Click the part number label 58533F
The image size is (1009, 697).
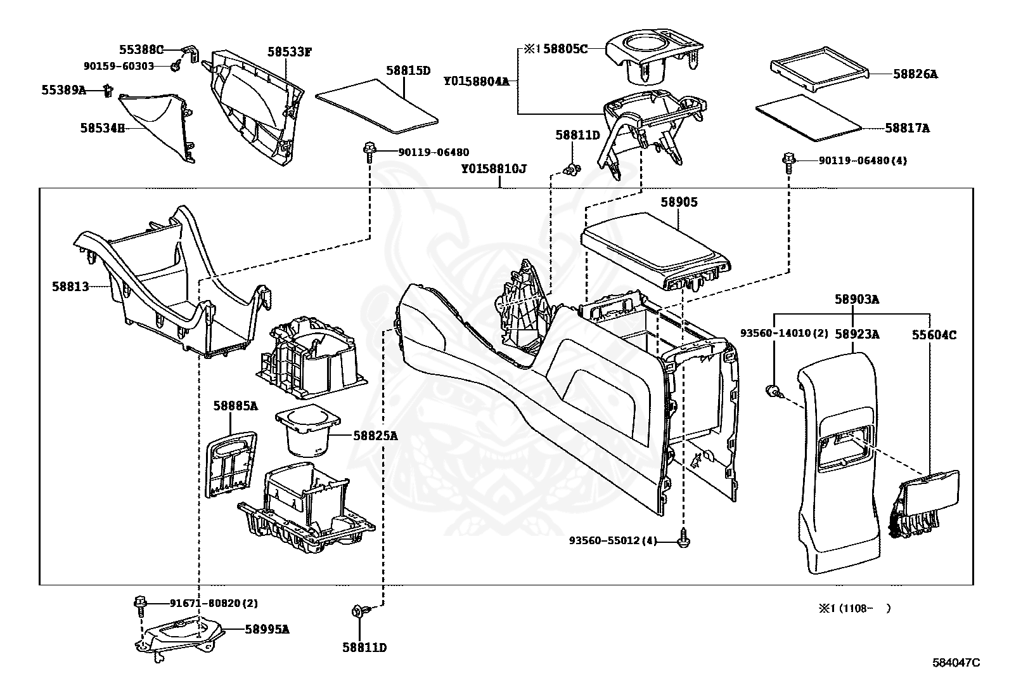[x=289, y=52]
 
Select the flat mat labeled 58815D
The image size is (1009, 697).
[x=376, y=106]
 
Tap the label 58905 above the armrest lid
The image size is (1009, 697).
[x=679, y=202]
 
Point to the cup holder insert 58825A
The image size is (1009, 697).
[x=307, y=431]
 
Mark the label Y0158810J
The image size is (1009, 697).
[x=493, y=169]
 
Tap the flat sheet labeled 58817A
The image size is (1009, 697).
[x=809, y=118]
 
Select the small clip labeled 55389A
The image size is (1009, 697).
[x=108, y=90]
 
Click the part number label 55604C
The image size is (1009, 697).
[x=934, y=335]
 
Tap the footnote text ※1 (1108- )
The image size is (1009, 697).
[x=854, y=608]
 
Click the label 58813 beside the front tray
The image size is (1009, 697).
[x=70, y=286]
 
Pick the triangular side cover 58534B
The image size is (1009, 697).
[x=157, y=127]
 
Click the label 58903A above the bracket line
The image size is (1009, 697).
[x=857, y=299]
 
